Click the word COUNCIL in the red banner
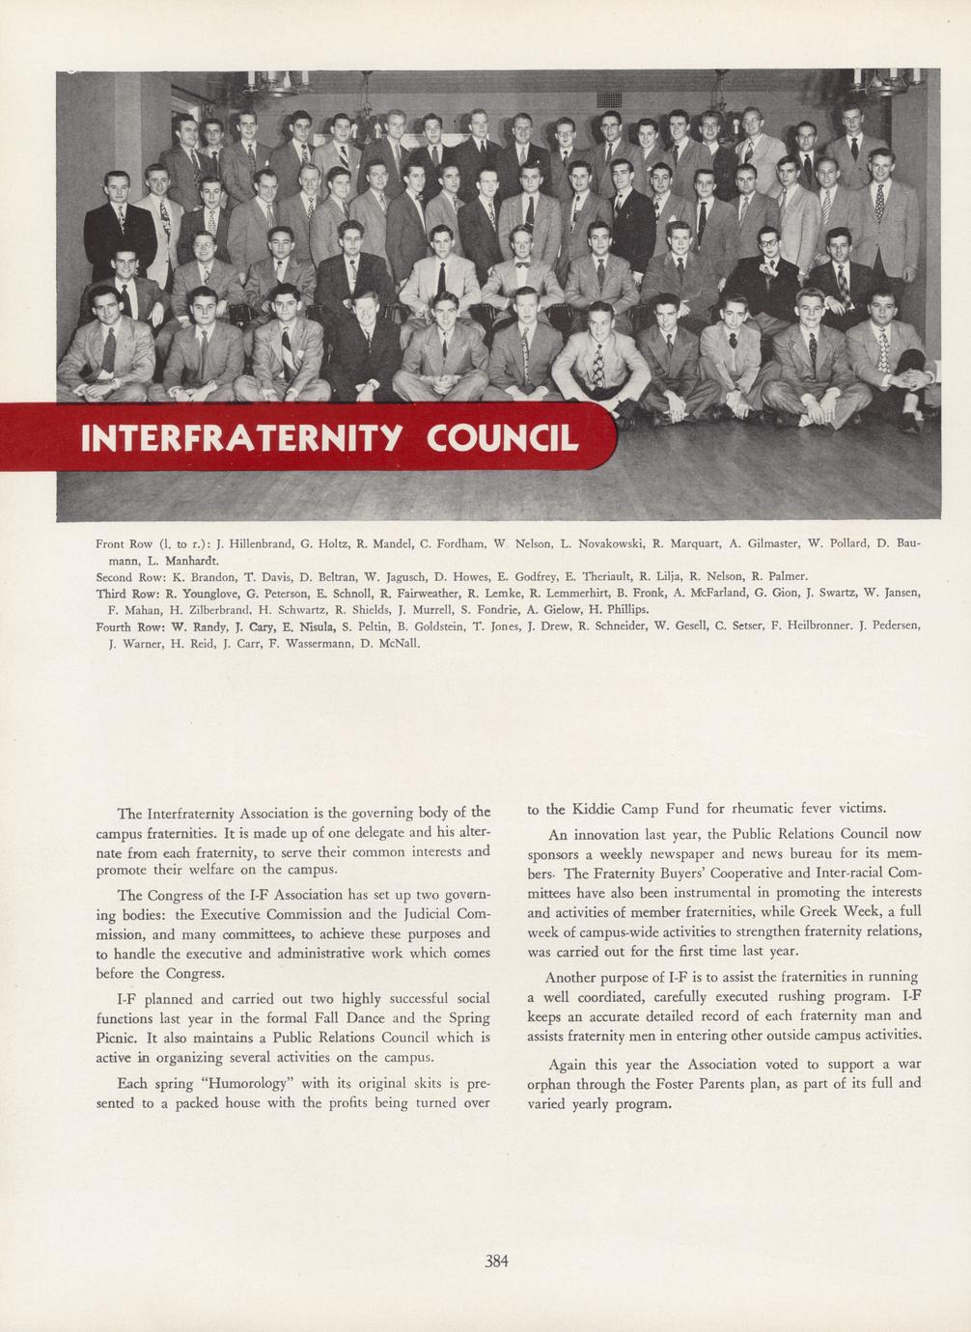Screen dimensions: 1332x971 [502, 437]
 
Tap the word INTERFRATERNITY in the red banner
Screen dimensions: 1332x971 [241, 437]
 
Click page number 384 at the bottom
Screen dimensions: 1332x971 [496, 1260]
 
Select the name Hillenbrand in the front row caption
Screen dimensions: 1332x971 [258, 543]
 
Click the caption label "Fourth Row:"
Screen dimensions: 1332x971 [133, 626]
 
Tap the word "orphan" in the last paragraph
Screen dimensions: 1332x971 [550, 1084]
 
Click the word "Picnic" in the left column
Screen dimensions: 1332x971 [119, 1038]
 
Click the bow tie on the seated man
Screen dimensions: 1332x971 [522, 263]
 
